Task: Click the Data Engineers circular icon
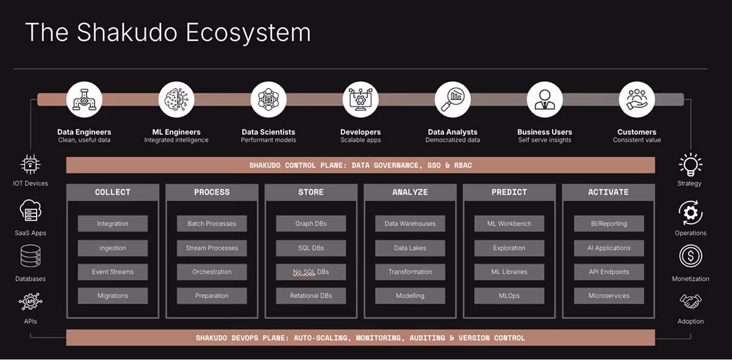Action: click(84, 99)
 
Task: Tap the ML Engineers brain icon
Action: click(176, 99)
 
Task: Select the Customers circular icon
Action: click(637, 99)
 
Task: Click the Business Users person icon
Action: click(544, 99)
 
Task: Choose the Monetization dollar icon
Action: click(691, 256)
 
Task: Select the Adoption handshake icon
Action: click(691, 301)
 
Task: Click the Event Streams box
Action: click(113, 272)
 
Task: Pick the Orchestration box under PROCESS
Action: click(212, 272)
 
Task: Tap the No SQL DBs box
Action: click(311, 272)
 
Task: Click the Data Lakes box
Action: click(410, 248)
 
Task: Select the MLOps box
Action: click(509, 295)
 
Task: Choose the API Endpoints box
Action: click(608, 272)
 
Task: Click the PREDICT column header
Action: click(509, 192)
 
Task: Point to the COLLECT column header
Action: click(113, 192)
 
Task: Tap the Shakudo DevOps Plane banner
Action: click(360, 337)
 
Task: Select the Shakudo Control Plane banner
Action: click(360, 165)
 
